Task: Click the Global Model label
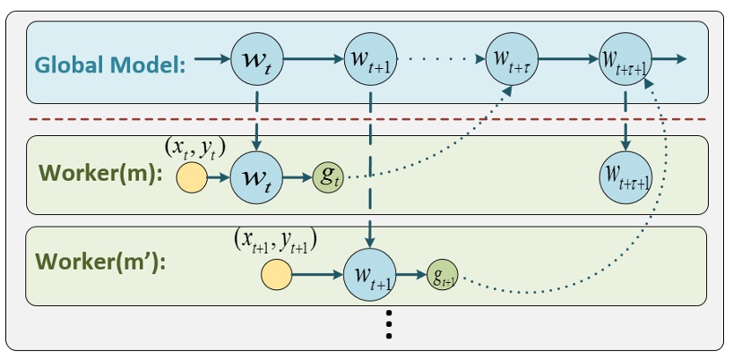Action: click(x=110, y=64)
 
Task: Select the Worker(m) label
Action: click(x=99, y=174)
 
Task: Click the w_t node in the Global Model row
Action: click(x=257, y=60)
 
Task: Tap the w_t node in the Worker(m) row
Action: click(x=257, y=176)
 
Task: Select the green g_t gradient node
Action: click(x=327, y=176)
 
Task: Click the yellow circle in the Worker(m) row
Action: click(x=190, y=176)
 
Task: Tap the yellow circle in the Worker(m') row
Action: click(x=276, y=273)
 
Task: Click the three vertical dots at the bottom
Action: click(x=388, y=324)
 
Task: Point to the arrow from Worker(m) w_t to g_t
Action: click(x=298, y=176)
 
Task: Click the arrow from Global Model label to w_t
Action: click(x=211, y=60)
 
